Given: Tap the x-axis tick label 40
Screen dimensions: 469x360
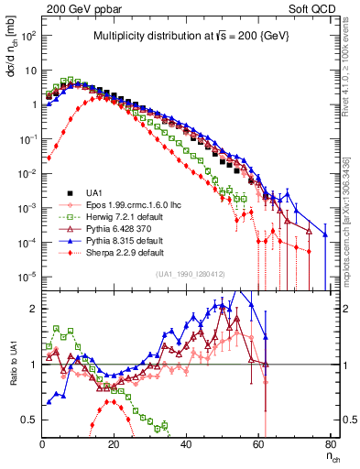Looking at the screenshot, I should (187, 443).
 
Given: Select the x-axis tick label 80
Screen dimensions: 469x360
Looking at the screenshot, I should (331, 443).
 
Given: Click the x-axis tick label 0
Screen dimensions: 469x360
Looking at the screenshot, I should (42, 443).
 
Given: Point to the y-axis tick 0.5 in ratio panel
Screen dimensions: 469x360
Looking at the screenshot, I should (28, 420).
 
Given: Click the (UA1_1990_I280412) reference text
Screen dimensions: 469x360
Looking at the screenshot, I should (192, 275).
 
